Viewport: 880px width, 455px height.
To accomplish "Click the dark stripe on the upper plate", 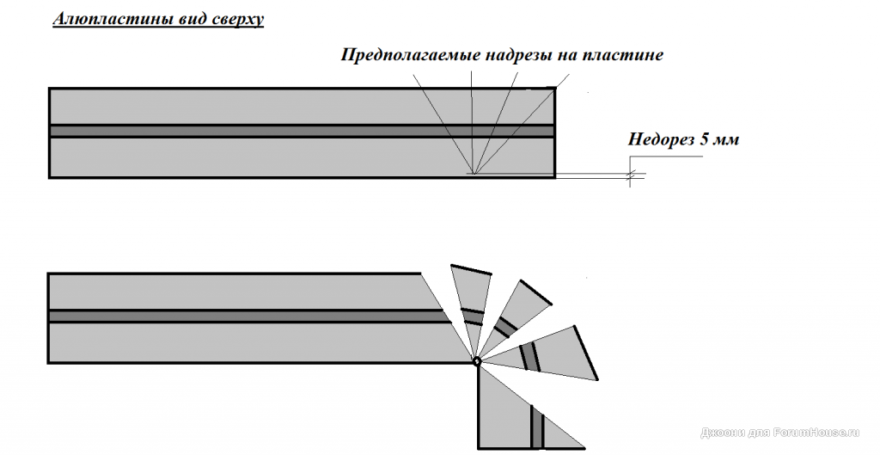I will click(x=258, y=131).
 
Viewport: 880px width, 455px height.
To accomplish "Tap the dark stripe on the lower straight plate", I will click(x=241, y=316).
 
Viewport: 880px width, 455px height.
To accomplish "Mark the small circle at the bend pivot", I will click(x=477, y=361).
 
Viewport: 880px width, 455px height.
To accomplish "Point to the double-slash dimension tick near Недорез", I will click(x=632, y=176).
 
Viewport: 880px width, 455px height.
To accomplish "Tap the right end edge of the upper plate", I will click(x=554, y=133).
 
